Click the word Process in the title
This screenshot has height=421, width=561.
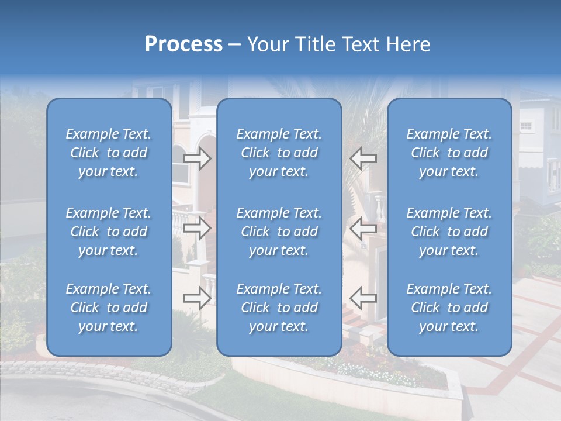tap(183, 44)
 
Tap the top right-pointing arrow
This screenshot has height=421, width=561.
tap(197, 158)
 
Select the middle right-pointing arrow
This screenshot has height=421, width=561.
tap(197, 228)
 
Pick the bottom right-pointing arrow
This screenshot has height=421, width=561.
tap(197, 298)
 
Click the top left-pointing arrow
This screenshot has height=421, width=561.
tap(363, 158)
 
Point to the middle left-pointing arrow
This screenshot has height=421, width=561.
tap(363, 228)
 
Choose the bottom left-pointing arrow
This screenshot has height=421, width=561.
tap(363, 298)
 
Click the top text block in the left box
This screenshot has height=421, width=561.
tap(109, 153)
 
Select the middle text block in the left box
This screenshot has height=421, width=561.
tap(109, 232)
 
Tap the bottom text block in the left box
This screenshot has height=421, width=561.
tap(109, 308)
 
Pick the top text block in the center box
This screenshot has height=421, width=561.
tap(279, 153)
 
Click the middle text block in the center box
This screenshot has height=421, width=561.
tap(279, 232)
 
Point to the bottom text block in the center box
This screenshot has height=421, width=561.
tap(279, 308)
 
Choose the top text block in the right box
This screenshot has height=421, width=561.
tap(449, 153)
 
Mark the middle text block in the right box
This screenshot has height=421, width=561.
tap(449, 232)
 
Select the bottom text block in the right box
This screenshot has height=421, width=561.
tap(449, 308)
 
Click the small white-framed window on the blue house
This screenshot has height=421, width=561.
tap(526, 126)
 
